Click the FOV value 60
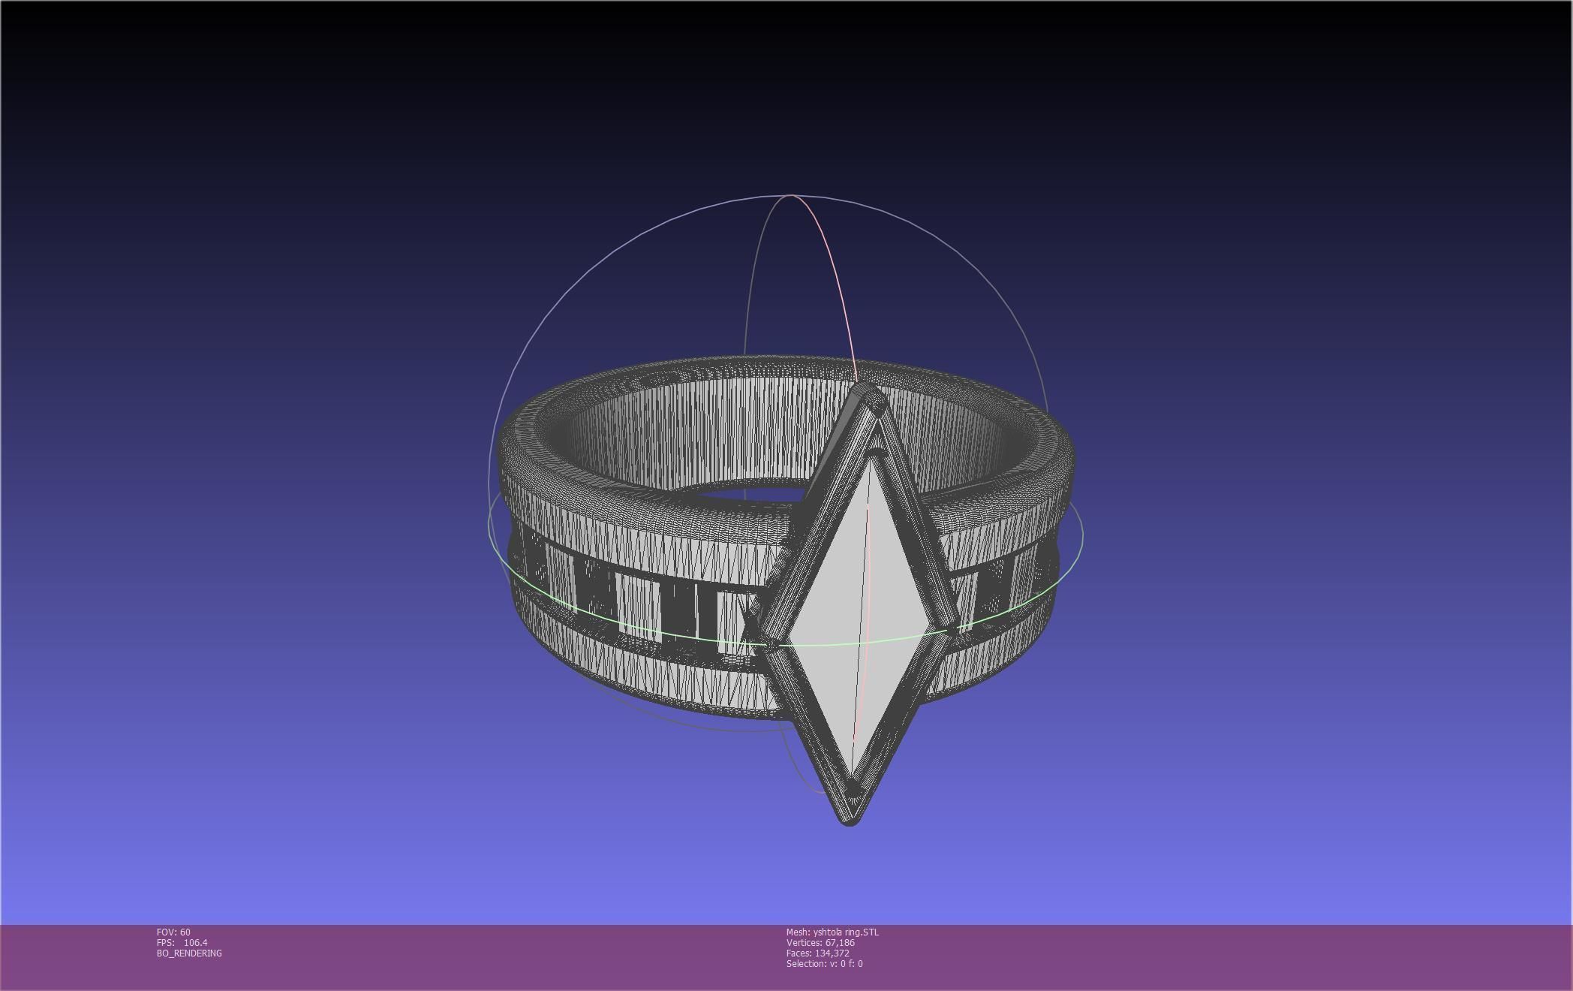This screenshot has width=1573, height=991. click(185, 932)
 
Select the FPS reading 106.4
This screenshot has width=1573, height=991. click(195, 943)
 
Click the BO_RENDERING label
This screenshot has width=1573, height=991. click(189, 953)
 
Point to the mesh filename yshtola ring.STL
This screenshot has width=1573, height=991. click(846, 932)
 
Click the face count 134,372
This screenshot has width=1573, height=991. click(832, 953)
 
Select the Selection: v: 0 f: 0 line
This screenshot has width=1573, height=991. click(824, 964)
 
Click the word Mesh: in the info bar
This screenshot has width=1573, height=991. click(798, 932)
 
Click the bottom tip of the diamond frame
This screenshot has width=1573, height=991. click(850, 821)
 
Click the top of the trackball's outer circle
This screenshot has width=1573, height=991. click(792, 195)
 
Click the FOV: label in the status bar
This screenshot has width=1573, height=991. click(166, 932)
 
